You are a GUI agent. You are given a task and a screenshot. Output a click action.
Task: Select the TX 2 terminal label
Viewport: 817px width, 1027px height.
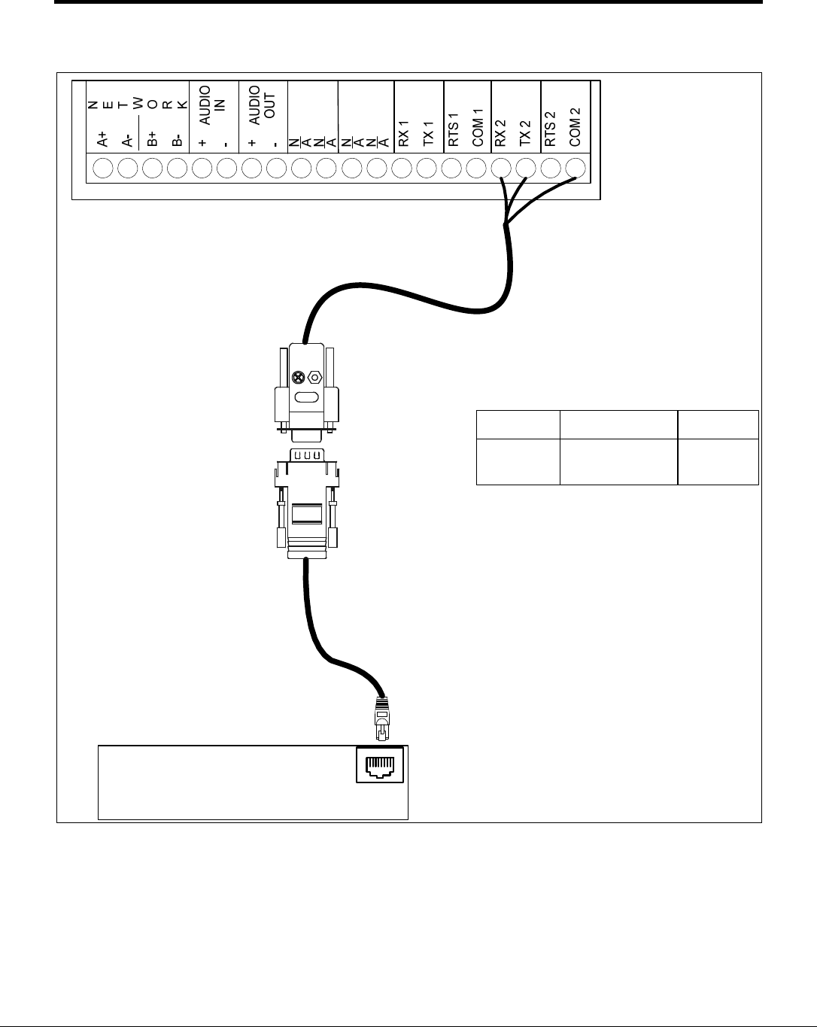click(x=526, y=132)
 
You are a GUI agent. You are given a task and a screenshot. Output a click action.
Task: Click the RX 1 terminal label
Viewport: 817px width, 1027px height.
click(x=404, y=132)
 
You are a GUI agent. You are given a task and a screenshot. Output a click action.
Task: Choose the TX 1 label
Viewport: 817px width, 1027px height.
click(x=428, y=132)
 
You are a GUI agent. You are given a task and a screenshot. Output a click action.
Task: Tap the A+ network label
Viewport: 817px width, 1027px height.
click(x=103, y=138)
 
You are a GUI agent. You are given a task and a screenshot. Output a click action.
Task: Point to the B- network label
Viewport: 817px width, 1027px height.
click(x=178, y=139)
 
